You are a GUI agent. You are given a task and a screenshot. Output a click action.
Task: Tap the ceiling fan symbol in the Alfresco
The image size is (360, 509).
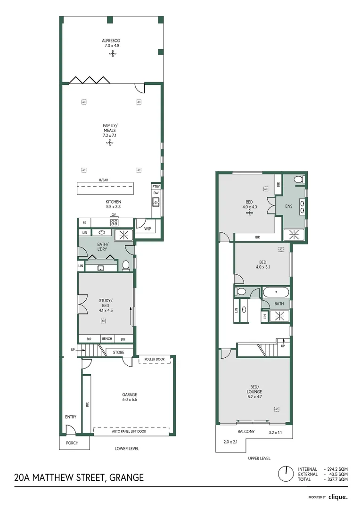113,54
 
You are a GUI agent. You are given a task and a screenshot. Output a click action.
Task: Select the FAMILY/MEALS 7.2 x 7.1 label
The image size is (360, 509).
110,130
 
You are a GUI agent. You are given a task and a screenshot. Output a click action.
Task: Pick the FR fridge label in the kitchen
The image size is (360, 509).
84,222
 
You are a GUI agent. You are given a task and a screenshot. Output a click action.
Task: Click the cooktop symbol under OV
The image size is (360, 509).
114,222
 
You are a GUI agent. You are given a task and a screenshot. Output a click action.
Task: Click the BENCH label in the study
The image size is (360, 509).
107,339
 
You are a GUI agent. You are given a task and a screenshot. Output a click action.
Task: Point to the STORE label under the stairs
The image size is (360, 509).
119,352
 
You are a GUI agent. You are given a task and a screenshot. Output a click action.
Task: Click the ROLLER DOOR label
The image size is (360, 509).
154,360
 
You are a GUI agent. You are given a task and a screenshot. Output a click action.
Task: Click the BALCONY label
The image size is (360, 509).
245,432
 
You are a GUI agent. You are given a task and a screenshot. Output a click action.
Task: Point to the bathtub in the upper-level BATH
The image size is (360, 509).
276,293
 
